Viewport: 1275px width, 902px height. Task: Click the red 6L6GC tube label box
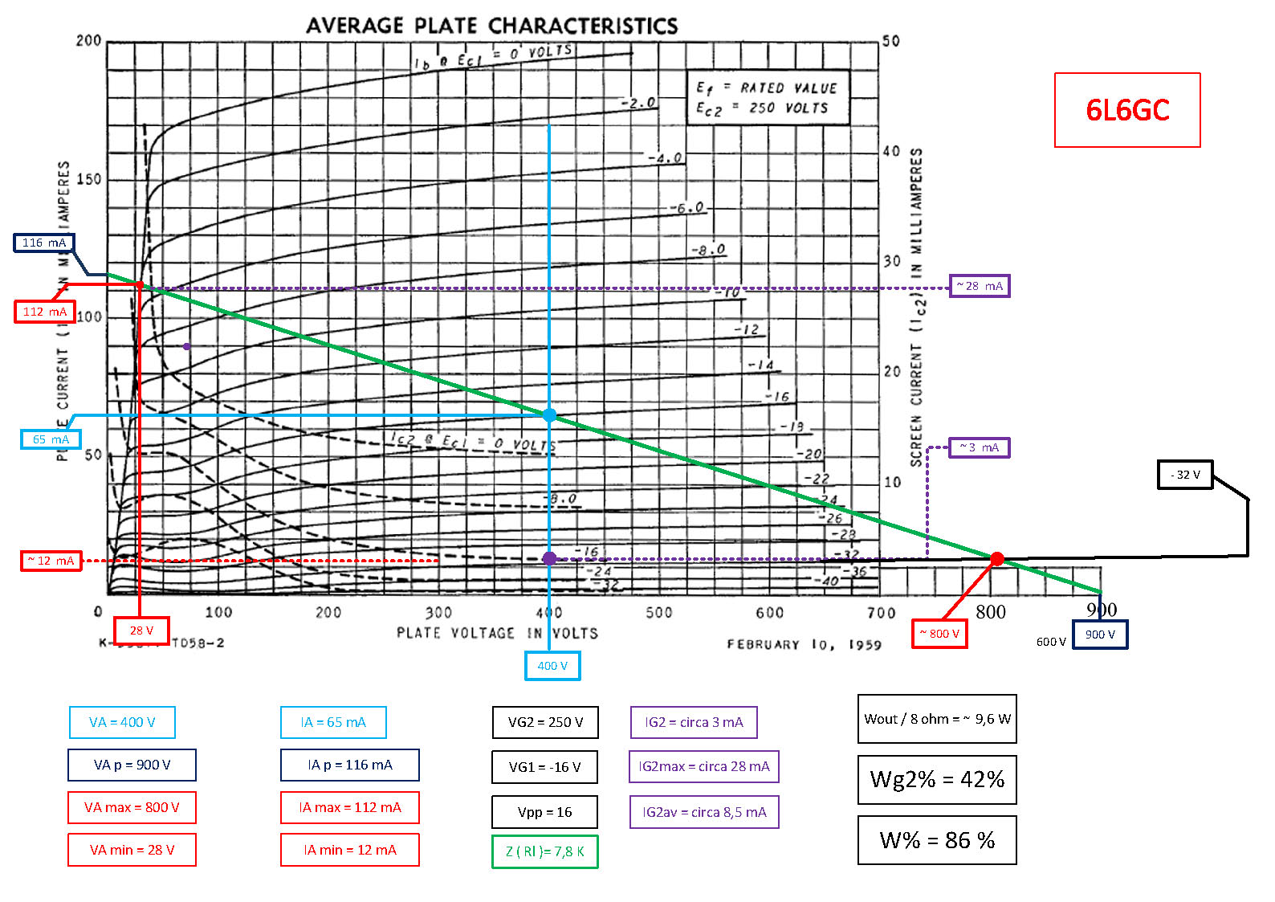[x=1126, y=110]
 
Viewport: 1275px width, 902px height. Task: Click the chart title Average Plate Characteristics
[x=491, y=26]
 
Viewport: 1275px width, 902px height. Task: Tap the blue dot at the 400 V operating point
[x=549, y=415]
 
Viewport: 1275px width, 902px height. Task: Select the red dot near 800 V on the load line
[x=996, y=559]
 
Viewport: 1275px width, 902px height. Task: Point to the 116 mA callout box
[x=44, y=243]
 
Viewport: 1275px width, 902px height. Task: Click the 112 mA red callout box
[x=45, y=312]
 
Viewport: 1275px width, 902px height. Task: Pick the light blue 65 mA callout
[x=51, y=439]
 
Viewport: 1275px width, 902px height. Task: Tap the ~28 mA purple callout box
[x=979, y=286]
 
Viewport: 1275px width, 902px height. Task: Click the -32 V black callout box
[x=1184, y=475]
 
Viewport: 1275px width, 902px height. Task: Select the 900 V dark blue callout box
[x=1100, y=635]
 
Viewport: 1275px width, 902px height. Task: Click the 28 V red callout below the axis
[x=141, y=631]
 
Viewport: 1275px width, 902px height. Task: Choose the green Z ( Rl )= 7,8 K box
[x=544, y=851]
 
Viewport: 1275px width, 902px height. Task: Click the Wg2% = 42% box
[x=937, y=779]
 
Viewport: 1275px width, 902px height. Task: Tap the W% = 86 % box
[x=937, y=840]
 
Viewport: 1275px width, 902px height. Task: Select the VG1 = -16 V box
[x=544, y=767]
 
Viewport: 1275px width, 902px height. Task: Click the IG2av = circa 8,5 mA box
[x=704, y=812]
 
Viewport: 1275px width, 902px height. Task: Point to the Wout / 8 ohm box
[x=937, y=719]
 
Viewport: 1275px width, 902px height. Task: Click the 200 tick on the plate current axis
[x=88, y=41]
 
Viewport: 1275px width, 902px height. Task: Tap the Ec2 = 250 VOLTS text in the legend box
[x=761, y=108]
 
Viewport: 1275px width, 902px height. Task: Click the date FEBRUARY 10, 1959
[x=804, y=645]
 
